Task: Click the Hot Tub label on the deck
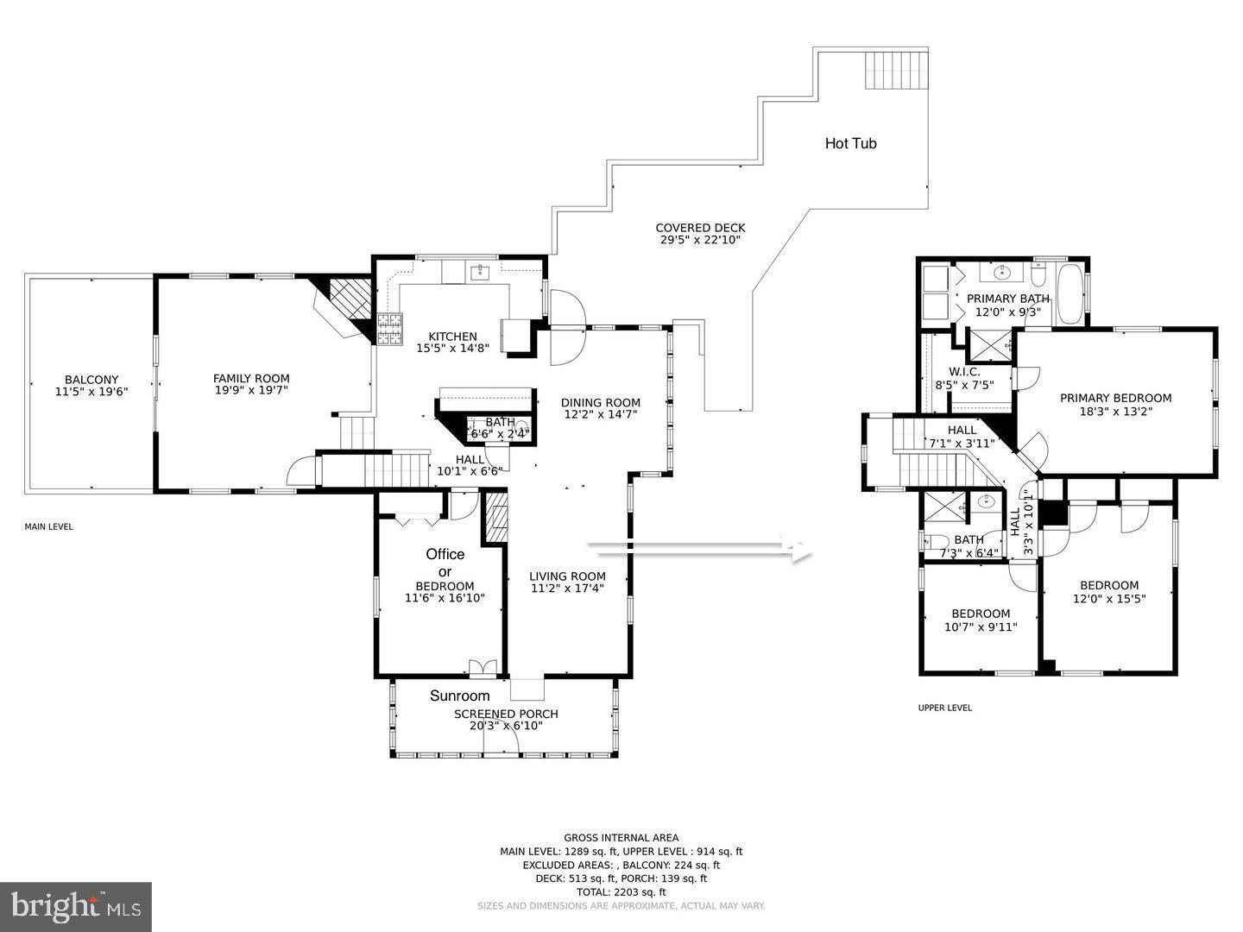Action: pyautogui.click(x=850, y=143)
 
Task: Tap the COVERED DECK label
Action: pyautogui.click(x=700, y=228)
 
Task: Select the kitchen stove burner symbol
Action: pyautogui.click(x=389, y=329)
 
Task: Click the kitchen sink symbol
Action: pyautogui.click(x=480, y=274)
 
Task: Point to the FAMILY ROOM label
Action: pyautogui.click(x=251, y=378)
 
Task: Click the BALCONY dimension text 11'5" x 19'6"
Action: pyautogui.click(x=91, y=391)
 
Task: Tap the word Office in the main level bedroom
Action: pyautogui.click(x=445, y=554)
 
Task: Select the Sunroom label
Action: pyautogui.click(x=459, y=696)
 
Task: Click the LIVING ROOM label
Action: pyautogui.click(x=567, y=576)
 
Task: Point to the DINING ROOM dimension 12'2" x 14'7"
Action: pyautogui.click(x=601, y=414)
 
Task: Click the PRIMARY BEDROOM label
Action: pyautogui.click(x=1115, y=398)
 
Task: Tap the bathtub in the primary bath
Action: pyautogui.click(x=1068, y=294)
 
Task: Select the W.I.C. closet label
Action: pyautogui.click(x=957, y=372)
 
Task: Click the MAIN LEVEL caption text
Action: pyautogui.click(x=48, y=526)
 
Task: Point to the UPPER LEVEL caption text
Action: pyautogui.click(x=944, y=708)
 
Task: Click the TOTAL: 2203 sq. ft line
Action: pyautogui.click(x=621, y=892)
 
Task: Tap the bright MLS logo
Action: pyautogui.click(x=76, y=906)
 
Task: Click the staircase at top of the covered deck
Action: pyautogui.click(x=896, y=69)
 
